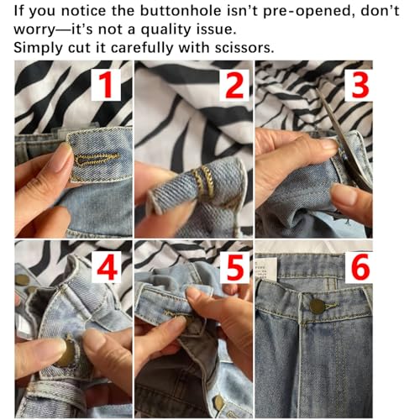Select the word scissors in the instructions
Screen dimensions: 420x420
point(239,48)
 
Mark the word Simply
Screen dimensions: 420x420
point(39,48)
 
